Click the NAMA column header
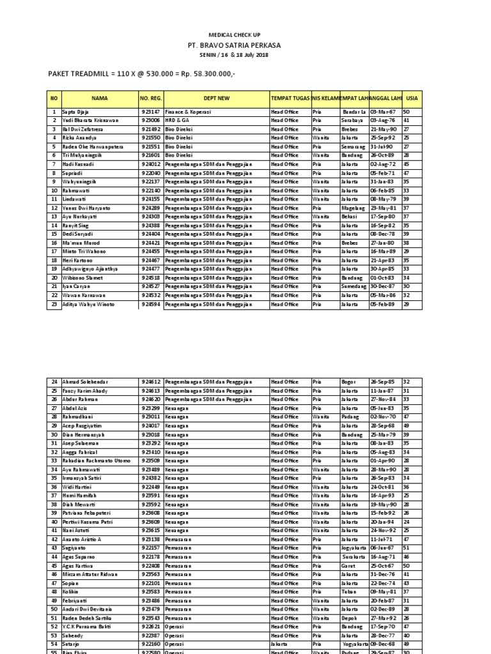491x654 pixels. (100, 98)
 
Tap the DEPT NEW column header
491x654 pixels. (215, 98)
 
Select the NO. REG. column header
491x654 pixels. (151, 98)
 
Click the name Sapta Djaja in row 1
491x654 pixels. (75, 112)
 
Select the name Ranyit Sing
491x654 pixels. (76, 225)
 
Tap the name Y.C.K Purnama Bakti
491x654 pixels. (88, 627)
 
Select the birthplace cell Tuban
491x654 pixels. (348, 591)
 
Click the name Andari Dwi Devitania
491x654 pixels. (88, 609)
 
